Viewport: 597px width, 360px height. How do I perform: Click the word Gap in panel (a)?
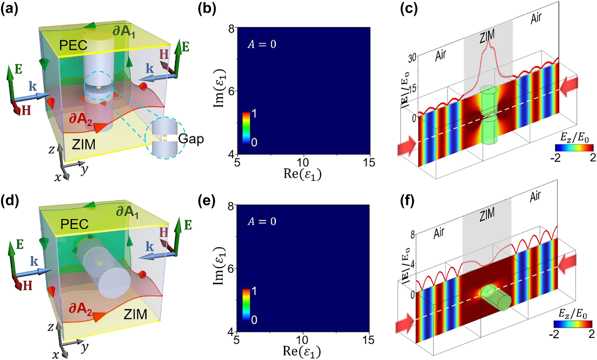pyautogui.click(x=191, y=139)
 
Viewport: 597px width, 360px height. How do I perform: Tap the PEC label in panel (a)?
pyautogui.click(x=73, y=45)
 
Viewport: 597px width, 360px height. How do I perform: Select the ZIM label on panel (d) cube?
pyautogui.click(x=135, y=314)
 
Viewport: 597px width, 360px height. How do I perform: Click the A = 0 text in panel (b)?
pyautogui.click(x=262, y=44)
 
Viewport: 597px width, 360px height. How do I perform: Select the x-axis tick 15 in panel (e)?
pyautogui.click(x=368, y=340)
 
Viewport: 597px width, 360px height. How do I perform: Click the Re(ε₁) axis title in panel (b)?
pyautogui.click(x=302, y=174)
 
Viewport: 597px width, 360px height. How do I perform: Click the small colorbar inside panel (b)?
pyautogui.click(x=246, y=128)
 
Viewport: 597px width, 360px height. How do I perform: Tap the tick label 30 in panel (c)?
pyautogui.click(x=412, y=58)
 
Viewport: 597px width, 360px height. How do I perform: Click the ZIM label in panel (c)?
pyautogui.click(x=487, y=36)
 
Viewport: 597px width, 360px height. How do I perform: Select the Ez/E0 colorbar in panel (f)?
pyautogui.click(x=574, y=325)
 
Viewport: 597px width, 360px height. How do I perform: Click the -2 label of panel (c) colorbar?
pyautogui.click(x=557, y=158)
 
